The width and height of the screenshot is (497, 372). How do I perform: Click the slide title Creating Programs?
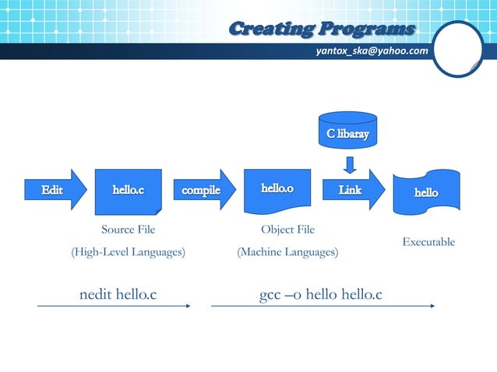click(322, 30)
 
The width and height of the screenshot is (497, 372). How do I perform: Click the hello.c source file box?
click(128, 191)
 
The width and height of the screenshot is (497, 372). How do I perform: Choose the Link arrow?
click(351, 190)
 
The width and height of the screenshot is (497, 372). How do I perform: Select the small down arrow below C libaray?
click(350, 164)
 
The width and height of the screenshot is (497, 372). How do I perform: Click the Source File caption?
click(128, 230)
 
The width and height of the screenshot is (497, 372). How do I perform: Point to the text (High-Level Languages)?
click(128, 252)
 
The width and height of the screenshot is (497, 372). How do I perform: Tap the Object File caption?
click(287, 230)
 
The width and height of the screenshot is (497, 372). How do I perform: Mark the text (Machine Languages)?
click(287, 252)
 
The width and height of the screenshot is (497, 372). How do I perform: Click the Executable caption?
click(428, 243)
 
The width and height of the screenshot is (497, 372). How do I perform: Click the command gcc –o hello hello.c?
click(320, 294)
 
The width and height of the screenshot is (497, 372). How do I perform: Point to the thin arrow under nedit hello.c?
click(114, 307)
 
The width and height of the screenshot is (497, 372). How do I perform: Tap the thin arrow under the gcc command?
click(323, 307)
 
